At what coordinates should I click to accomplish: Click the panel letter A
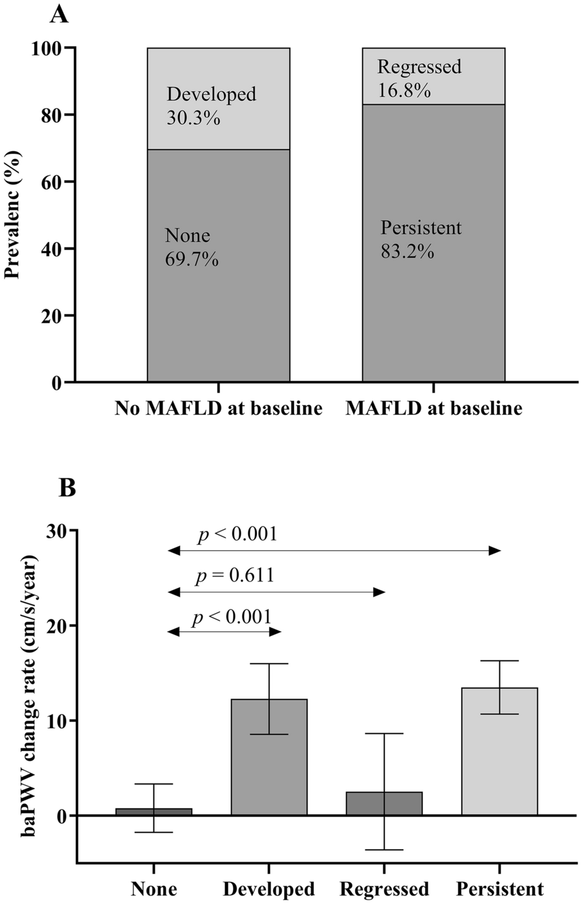point(59,14)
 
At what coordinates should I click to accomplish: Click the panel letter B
point(67,488)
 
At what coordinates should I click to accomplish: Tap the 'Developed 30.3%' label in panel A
point(211,105)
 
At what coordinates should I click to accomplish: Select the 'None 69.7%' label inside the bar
point(191,247)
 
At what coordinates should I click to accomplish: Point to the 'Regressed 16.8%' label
point(419,78)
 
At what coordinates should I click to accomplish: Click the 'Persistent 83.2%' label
point(420,239)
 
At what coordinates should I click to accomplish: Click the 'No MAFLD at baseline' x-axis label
point(218,408)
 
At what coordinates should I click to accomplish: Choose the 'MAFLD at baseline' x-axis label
point(433,408)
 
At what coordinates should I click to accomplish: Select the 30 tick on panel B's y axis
point(58,531)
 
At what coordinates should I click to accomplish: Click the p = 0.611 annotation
point(235,576)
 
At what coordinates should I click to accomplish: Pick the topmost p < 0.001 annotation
point(238,534)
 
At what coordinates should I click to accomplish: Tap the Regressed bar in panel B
point(384,803)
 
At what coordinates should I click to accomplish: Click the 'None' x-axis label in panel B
point(154,889)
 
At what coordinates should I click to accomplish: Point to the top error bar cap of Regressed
point(384,734)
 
